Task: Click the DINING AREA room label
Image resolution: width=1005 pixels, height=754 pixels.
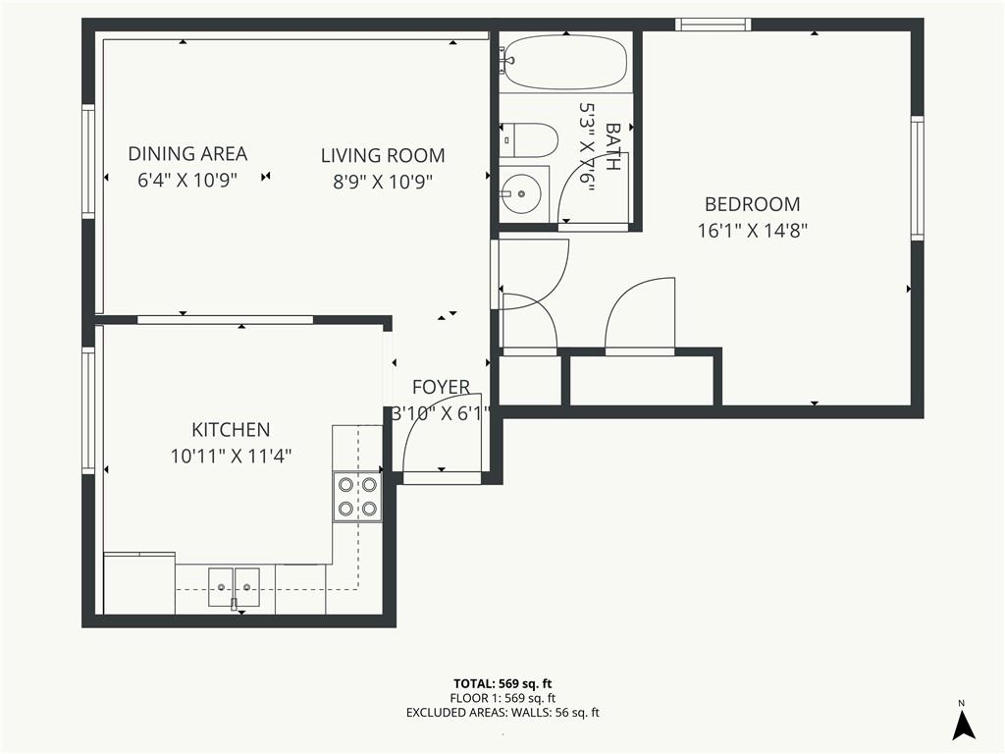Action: (x=187, y=154)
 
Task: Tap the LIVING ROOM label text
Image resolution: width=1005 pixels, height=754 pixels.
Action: (x=383, y=156)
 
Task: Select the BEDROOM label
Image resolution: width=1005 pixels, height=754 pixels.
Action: (x=753, y=204)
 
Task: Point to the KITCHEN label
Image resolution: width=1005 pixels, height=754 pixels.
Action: (x=231, y=430)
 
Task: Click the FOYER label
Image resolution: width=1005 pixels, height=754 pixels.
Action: (x=441, y=387)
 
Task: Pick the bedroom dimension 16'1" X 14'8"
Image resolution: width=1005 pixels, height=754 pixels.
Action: (x=753, y=231)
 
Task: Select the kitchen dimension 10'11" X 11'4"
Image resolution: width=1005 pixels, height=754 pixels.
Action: (x=231, y=457)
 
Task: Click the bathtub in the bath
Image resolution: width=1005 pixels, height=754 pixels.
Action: (x=564, y=62)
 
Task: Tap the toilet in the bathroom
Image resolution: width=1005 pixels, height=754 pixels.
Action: (x=529, y=140)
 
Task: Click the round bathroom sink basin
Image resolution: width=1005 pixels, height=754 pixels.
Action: (x=521, y=192)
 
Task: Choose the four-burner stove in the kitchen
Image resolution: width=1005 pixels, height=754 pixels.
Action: (x=357, y=497)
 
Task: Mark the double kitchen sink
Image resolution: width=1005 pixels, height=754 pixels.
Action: (x=234, y=587)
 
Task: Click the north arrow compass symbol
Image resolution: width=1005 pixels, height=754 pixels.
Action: (x=964, y=725)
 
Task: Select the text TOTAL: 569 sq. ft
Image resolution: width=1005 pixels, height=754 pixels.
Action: (x=502, y=683)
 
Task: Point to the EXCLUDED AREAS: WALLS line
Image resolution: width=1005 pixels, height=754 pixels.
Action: (x=502, y=713)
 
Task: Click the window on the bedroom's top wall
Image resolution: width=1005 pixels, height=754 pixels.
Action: (x=714, y=25)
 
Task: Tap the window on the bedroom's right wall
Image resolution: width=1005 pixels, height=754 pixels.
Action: (x=918, y=179)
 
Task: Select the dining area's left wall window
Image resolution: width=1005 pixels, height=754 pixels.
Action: (x=88, y=162)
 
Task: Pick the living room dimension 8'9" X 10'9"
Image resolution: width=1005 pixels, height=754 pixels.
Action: (x=383, y=183)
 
